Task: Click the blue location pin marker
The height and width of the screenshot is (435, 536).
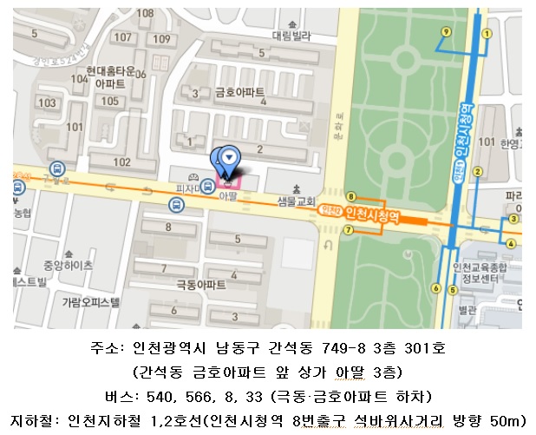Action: [228, 157]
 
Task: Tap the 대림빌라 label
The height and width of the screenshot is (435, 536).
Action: [291, 36]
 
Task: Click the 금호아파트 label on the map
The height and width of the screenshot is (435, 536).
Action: [240, 93]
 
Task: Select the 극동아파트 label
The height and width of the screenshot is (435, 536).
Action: [200, 284]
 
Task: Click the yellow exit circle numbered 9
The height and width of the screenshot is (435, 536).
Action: [446, 30]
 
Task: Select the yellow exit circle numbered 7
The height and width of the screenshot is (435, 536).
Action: [348, 230]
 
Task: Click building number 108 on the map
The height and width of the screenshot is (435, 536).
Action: [146, 13]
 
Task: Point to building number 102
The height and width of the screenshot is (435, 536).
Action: [122, 161]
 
